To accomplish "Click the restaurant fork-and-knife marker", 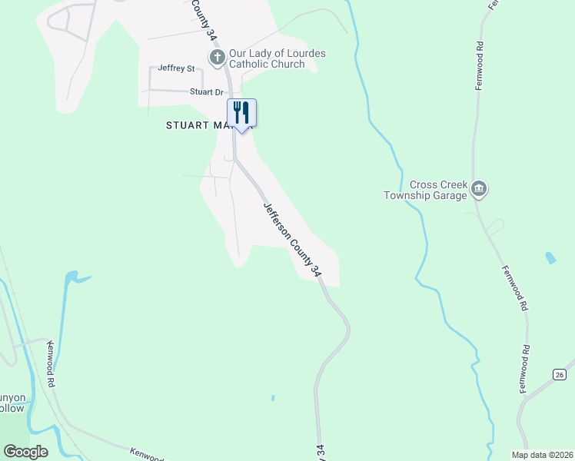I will [241, 113].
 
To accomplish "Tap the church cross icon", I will [217, 57].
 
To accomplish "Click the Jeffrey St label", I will [176, 68].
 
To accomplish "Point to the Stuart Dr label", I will [206, 92].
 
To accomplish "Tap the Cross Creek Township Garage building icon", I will [480, 189].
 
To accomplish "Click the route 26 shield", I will [558, 374].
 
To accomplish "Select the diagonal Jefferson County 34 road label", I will [291, 239].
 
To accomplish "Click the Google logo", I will [26, 451].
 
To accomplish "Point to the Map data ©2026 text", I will [542, 454].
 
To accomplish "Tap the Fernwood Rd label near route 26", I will [526, 370].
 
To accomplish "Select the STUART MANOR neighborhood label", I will [198, 124].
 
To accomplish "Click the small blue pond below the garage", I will [550, 257].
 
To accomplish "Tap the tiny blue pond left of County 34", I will [273, 397].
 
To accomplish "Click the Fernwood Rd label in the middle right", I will [514, 288].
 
